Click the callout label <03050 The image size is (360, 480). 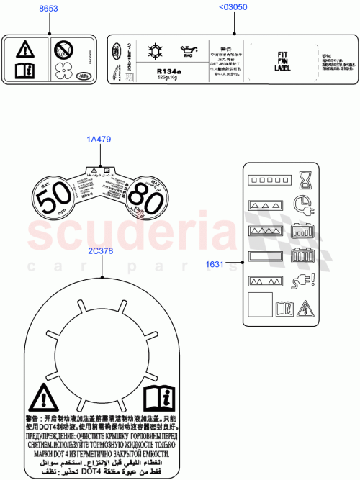(233, 9)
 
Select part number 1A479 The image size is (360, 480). (99, 140)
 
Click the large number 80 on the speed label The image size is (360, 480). (147, 199)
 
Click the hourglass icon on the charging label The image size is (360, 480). (302, 177)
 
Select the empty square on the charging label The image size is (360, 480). (259, 304)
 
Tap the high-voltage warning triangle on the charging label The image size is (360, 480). (305, 308)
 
